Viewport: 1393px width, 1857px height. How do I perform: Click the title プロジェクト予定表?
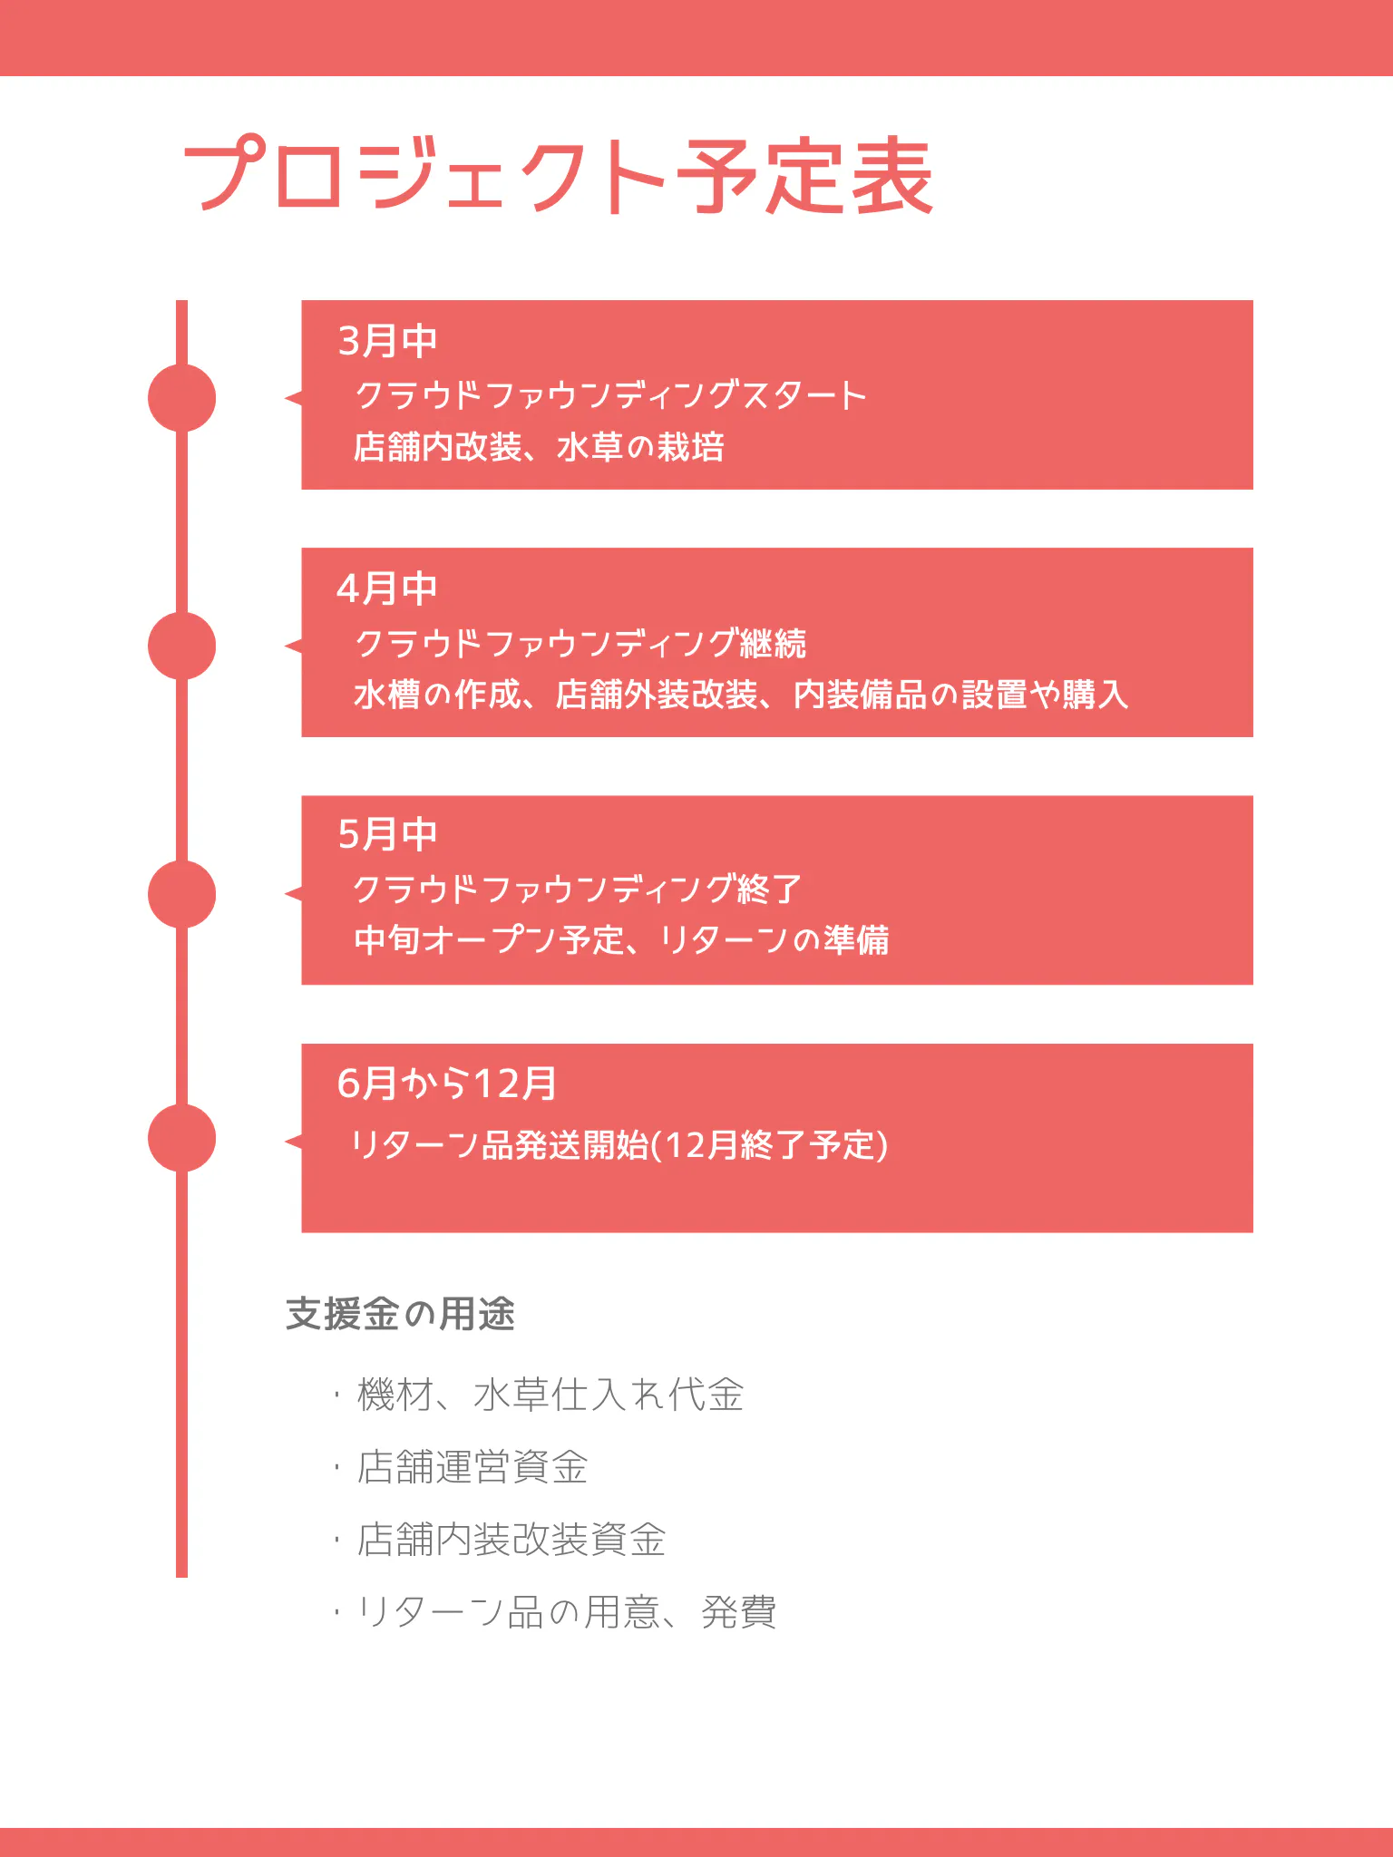click(559, 176)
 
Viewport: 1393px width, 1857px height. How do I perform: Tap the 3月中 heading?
click(387, 341)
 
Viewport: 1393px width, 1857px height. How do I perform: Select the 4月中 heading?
click(387, 588)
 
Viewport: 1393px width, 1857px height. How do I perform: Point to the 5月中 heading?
click(387, 834)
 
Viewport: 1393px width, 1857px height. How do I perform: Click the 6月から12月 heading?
click(447, 1083)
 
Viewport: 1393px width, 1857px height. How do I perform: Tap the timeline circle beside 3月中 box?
click(181, 398)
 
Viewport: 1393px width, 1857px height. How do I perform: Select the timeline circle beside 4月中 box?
click(181, 646)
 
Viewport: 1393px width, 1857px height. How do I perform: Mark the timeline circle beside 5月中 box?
click(181, 894)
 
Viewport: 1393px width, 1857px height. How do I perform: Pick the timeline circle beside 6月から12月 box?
click(181, 1138)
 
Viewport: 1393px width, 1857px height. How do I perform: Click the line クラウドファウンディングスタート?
click(611, 395)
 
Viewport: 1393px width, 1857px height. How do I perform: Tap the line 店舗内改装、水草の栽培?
click(540, 447)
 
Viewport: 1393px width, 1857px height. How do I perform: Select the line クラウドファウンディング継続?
click(580, 643)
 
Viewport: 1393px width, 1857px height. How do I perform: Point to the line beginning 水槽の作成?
click(741, 695)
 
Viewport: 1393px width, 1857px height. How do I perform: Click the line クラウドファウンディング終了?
click(578, 889)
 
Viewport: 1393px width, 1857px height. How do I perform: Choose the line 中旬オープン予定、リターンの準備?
click(621, 939)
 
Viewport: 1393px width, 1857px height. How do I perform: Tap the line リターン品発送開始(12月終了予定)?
click(619, 1145)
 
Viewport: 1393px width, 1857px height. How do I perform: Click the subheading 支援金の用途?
click(400, 1314)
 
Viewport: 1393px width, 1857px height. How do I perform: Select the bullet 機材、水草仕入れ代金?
click(550, 1395)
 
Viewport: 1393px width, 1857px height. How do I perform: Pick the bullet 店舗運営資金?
click(472, 1467)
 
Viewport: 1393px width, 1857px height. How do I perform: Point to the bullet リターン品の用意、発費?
click(567, 1612)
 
